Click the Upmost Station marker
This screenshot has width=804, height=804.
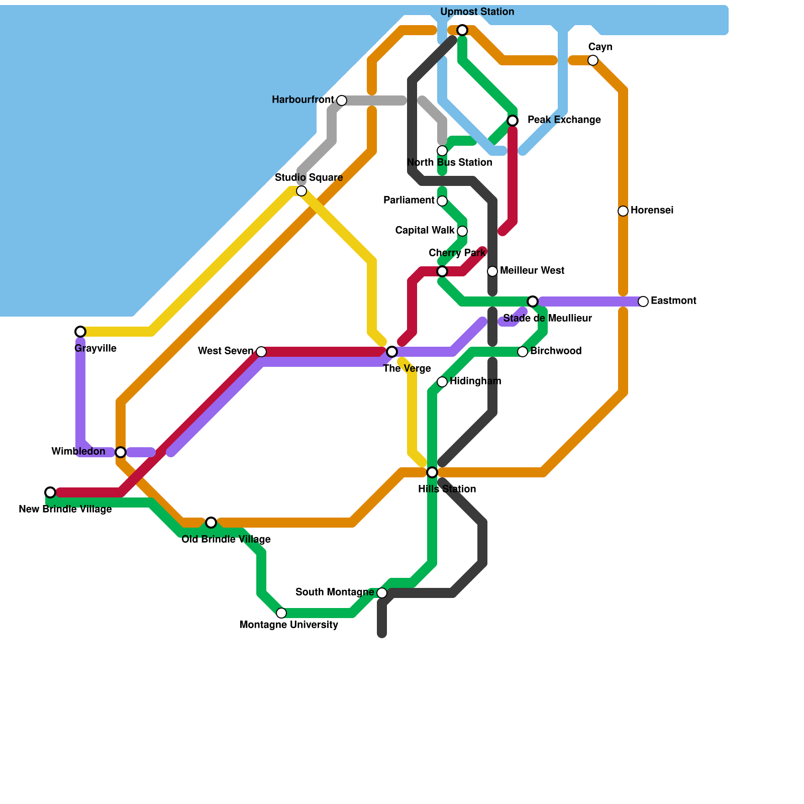point(462,30)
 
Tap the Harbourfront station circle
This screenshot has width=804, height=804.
point(342,100)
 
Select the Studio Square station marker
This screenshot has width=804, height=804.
point(301,191)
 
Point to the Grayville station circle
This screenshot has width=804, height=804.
point(80,332)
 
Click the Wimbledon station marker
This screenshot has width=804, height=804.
point(121,452)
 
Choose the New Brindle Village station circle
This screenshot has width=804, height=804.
point(50,492)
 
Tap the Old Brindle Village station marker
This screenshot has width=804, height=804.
point(211,523)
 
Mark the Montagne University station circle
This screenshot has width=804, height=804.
point(281,613)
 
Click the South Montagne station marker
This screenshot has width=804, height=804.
point(382,593)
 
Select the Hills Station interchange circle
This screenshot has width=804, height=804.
point(432,472)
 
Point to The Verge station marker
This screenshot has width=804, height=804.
point(392,352)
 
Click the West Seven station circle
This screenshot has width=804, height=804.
point(261,352)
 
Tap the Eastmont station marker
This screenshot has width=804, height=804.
point(643,301)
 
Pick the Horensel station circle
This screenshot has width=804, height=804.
point(623,211)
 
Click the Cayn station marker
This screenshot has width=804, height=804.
point(593,60)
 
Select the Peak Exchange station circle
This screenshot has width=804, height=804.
point(513,121)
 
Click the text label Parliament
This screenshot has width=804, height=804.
point(409,200)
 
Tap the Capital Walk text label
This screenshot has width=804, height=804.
point(425,231)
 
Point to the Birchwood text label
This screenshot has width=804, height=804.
point(556,351)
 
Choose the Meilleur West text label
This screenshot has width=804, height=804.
point(532,271)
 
